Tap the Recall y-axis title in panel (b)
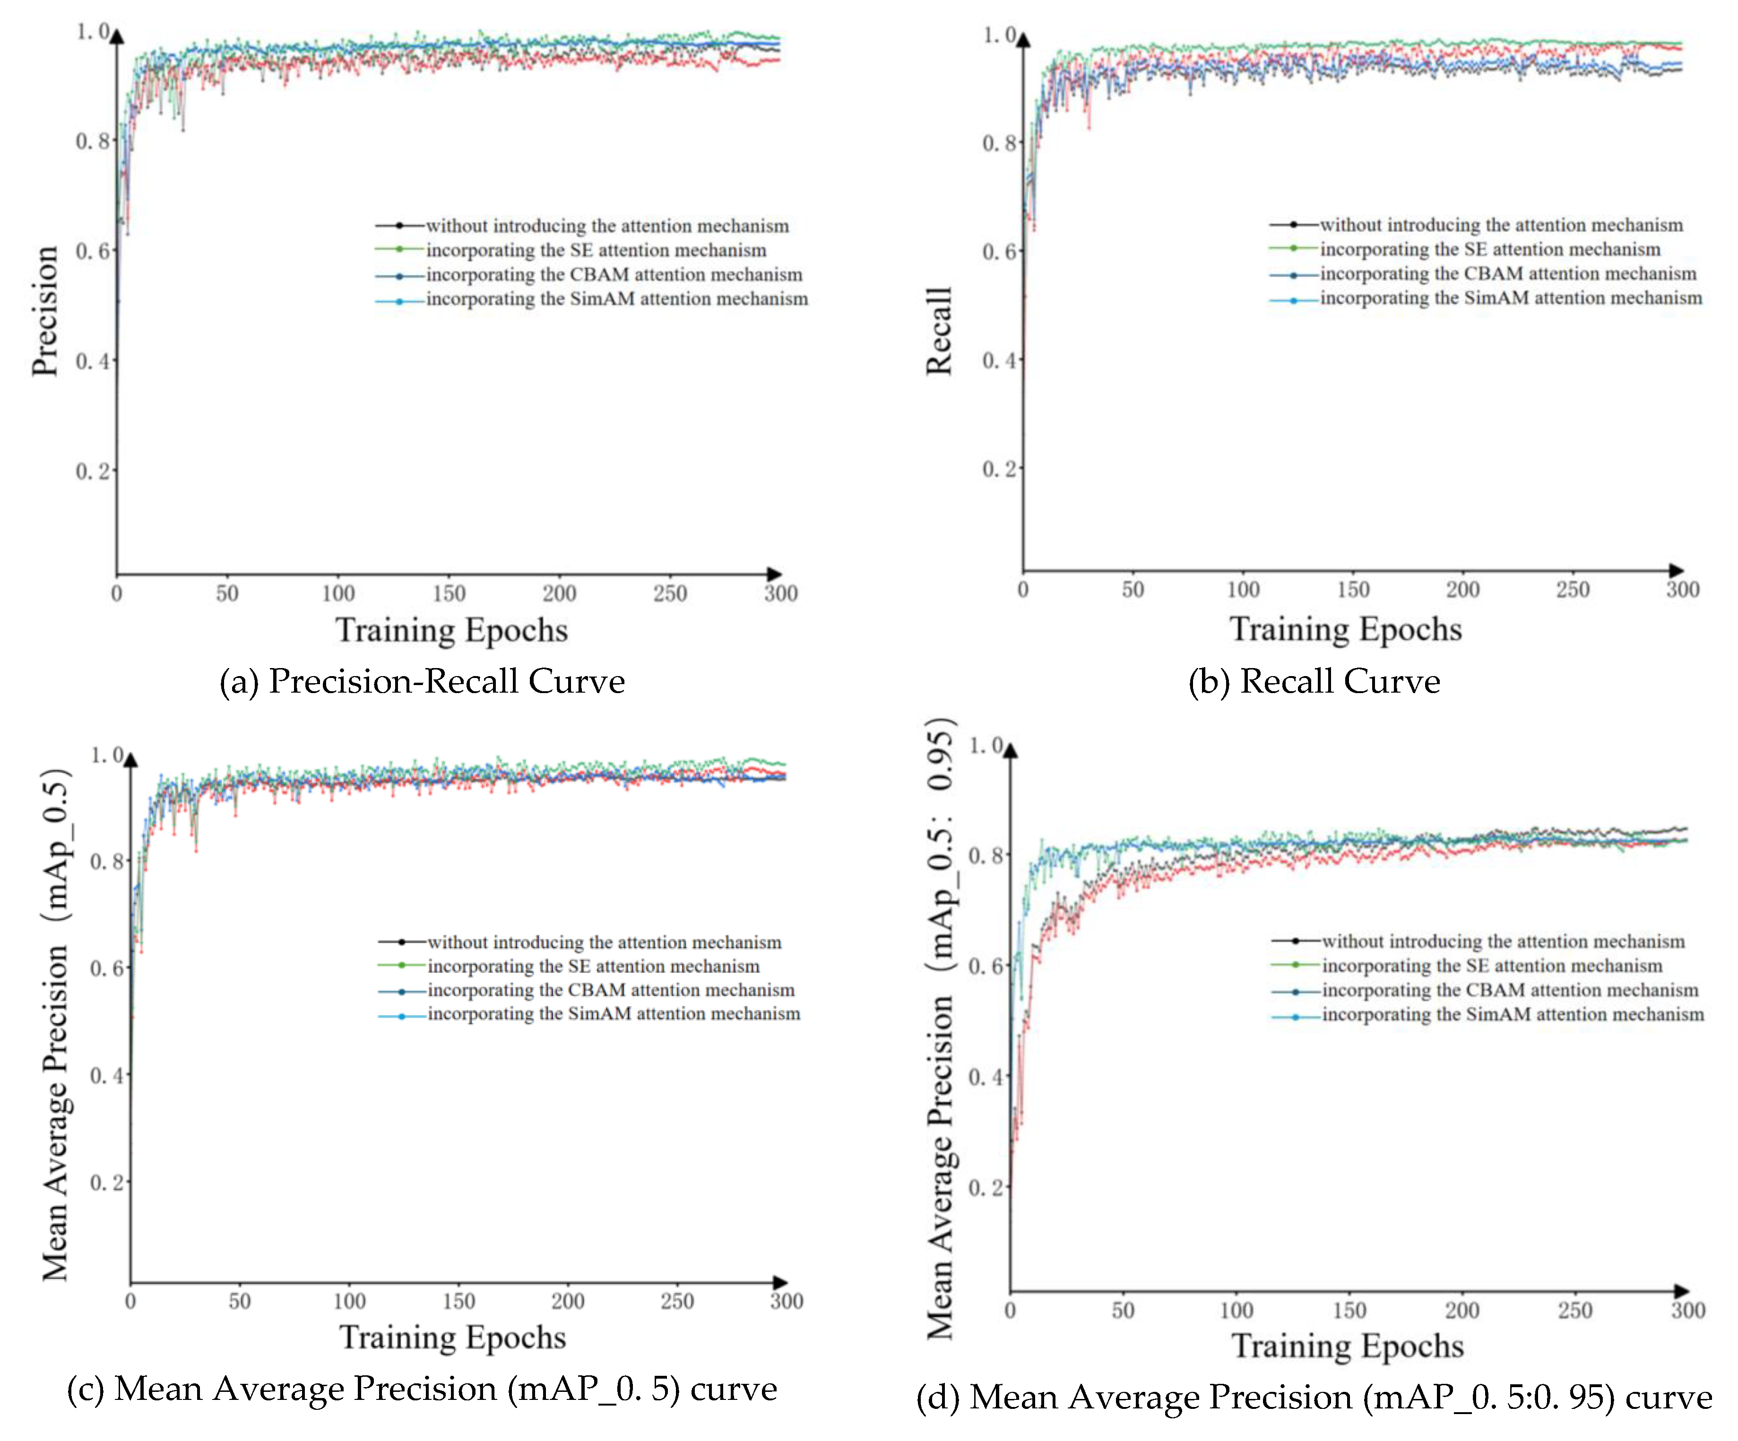pyautogui.click(x=939, y=331)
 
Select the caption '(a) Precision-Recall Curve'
pyautogui.click(x=421, y=681)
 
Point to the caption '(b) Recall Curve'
pyautogui.click(x=1314, y=681)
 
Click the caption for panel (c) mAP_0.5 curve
pyautogui.click(x=421, y=1388)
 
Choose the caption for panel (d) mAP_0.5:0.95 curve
pyautogui.click(x=1314, y=1396)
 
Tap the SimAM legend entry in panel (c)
pyautogui.click(x=613, y=1014)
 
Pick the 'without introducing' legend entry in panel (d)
pyautogui.click(x=1502, y=941)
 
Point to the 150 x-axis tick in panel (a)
pyautogui.click(x=449, y=593)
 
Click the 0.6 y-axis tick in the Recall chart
pyautogui.click(x=998, y=251)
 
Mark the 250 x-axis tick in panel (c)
pyautogui.click(x=677, y=1301)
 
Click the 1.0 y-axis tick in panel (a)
pyautogui.click(x=92, y=32)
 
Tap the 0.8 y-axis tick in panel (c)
pyautogui.click(x=106, y=861)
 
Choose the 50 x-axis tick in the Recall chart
pyautogui.click(x=1132, y=590)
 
